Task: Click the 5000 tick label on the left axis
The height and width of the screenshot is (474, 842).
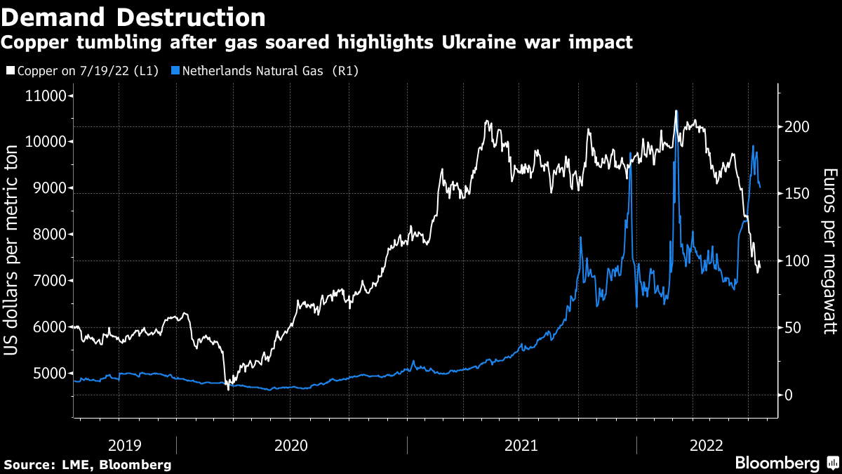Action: pos(48,373)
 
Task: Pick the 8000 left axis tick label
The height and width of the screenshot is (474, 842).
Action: pos(48,235)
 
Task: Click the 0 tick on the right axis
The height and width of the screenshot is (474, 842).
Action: pos(789,395)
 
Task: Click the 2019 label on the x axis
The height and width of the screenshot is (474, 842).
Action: pos(126,445)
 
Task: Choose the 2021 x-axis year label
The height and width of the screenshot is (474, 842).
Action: pos(521,445)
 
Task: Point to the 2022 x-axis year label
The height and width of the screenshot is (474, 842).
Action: pos(707,445)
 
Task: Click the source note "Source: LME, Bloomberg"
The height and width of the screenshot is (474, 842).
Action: pos(88,464)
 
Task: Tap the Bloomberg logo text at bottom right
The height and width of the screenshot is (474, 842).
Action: pos(777,463)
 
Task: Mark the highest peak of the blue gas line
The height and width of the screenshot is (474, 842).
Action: pos(676,112)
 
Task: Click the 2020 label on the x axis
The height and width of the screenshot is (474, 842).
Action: pos(291,445)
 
